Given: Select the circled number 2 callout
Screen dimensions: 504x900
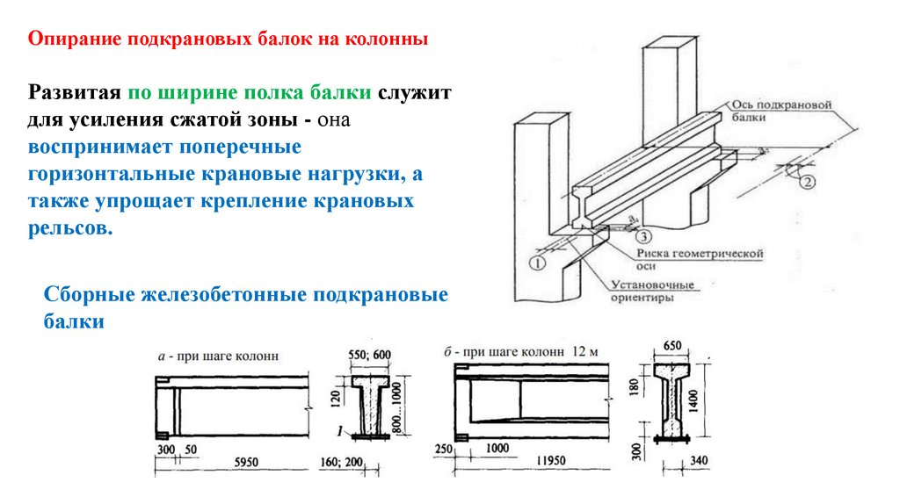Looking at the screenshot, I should pyautogui.click(x=808, y=183).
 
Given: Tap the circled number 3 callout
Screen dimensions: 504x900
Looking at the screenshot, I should pyautogui.click(x=644, y=235).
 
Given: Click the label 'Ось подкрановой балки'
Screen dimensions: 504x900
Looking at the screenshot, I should pyautogui.click(x=779, y=109).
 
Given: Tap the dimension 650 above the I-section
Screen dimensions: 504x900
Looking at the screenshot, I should pyautogui.click(x=672, y=345).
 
